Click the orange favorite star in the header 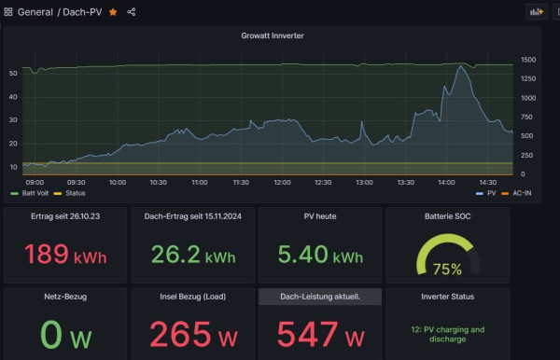coord(113,12)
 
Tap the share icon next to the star coord(132,12)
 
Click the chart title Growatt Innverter coord(272,36)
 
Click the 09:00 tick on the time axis coord(35,182)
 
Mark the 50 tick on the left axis coord(13,72)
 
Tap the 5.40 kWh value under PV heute coord(320,256)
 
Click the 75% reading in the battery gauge coord(447,269)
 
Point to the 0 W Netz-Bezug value coord(65,334)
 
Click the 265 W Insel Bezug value coord(193,334)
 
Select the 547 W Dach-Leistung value coord(320,334)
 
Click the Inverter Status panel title coord(447,297)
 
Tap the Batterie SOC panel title coord(447,216)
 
